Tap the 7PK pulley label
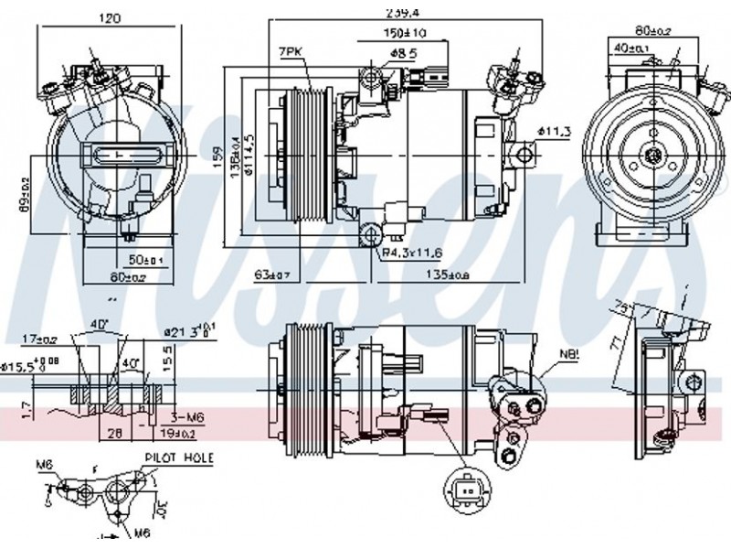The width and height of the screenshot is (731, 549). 291,52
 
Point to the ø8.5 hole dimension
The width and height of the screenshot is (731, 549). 403,52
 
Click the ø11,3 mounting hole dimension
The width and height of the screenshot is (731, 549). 554,133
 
